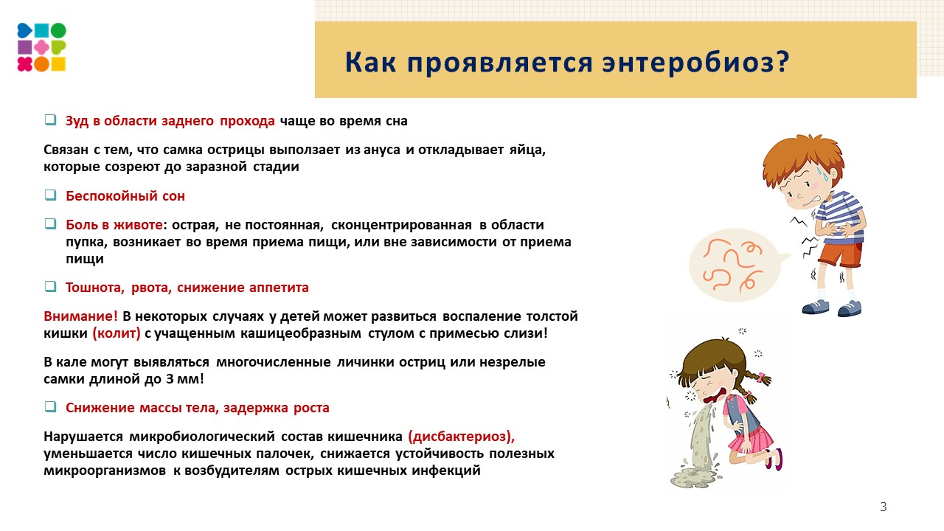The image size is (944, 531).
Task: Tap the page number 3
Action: (x=883, y=507)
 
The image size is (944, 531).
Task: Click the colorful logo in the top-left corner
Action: (x=42, y=47)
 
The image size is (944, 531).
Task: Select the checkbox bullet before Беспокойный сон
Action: (x=50, y=195)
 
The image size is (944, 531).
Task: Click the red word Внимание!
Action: (x=80, y=316)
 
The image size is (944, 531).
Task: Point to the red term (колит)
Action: (x=117, y=333)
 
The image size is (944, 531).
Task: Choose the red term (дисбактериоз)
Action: (x=466, y=436)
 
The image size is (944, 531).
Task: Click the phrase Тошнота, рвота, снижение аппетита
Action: (x=187, y=288)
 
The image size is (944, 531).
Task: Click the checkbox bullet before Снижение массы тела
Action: (x=50, y=407)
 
